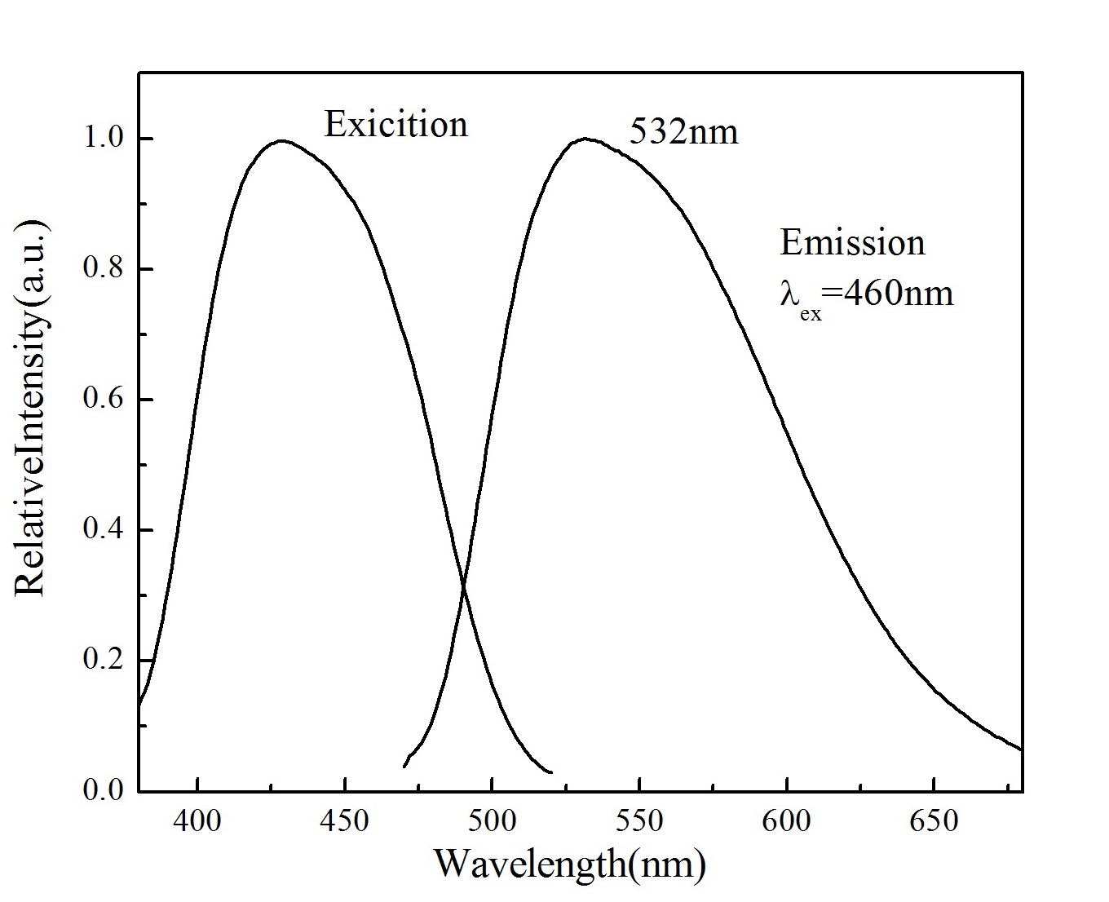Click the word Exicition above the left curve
point(396,125)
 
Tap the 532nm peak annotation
point(684,131)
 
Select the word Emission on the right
point(852,243)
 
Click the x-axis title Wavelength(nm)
point(569,864)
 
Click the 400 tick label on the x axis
point(198,820)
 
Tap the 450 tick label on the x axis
point(345,820)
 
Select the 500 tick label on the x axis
point(492,820)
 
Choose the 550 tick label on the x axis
point(639,820)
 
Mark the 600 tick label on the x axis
point(786,820)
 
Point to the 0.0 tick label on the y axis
point(104,790)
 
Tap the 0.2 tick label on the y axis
point(104,660)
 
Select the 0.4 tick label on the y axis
point(104,530)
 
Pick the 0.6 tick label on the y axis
point(104,400)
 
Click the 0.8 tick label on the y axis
point(104,269)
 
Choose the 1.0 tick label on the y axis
point(104,139)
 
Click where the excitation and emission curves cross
point(464,584)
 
